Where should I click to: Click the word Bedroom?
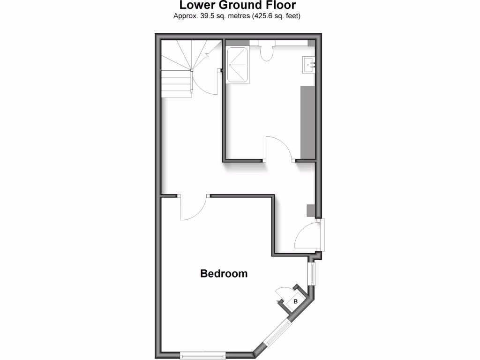click(x=224, y=273)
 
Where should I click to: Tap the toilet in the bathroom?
click(x=267, y=53)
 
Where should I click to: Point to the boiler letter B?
click(x=295, y=301)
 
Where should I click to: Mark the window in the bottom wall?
click(x=202, y=356)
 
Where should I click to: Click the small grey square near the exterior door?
click(x=310, y=210)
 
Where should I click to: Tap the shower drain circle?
click(x=230, y=65)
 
